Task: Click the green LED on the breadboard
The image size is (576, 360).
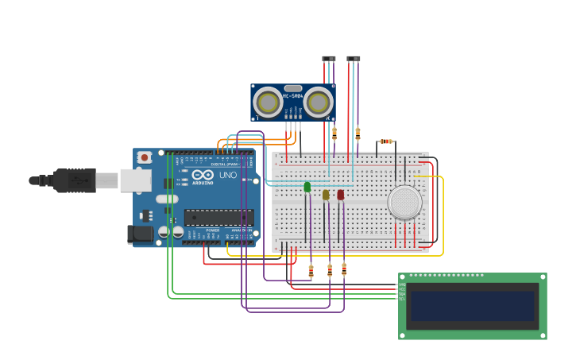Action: [x=307, y=188]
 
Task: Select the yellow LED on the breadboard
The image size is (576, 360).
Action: [x=326, y=195]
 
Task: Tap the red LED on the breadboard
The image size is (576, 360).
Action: [x=341, y=195]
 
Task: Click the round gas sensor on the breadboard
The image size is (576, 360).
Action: [x=405, y=202]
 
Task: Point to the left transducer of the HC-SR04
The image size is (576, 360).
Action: [x=269, y=103]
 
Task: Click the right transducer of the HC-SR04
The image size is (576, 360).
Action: [x=318, y=103]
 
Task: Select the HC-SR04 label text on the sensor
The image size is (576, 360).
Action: [x=292, y=95]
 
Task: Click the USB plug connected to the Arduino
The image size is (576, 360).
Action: [x=75, y=180]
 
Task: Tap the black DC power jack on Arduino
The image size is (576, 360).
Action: [x=140, y=234]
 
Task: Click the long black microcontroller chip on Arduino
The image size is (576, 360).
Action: [x=218, y=217]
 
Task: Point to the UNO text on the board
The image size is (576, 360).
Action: [x=228, y=175]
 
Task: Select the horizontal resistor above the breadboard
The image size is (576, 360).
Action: [x=385, y=141]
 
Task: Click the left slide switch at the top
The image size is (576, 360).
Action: [x=329, y=59]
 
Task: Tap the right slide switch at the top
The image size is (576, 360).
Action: [x=354, y=59]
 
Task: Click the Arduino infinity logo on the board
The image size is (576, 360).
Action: [x=203, y=175]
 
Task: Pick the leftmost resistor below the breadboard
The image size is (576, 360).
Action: [x=311, y=272]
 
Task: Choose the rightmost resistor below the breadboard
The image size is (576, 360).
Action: [x=344, y=269]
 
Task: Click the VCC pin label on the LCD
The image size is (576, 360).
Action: [x=402, y=289]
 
